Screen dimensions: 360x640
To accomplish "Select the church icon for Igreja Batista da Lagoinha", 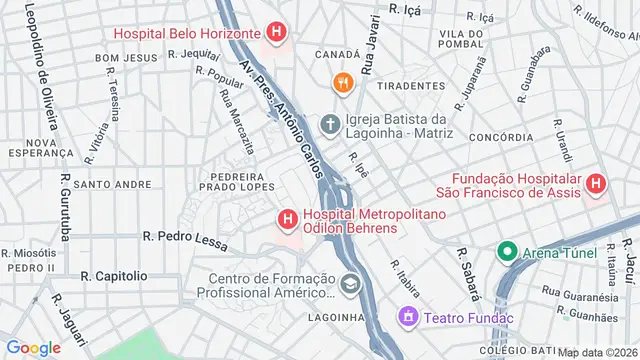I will click(330, 125).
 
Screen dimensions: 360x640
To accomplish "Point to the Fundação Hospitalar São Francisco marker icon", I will click(596, 184).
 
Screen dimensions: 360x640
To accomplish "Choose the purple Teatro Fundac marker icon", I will click(408, 318).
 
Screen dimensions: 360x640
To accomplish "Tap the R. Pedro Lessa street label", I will click(186, 237).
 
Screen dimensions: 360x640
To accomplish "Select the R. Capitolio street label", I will click(114, 275).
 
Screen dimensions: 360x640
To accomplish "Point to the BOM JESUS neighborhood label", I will click(127, 59).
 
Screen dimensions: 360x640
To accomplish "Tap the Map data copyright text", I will click(598, 352).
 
